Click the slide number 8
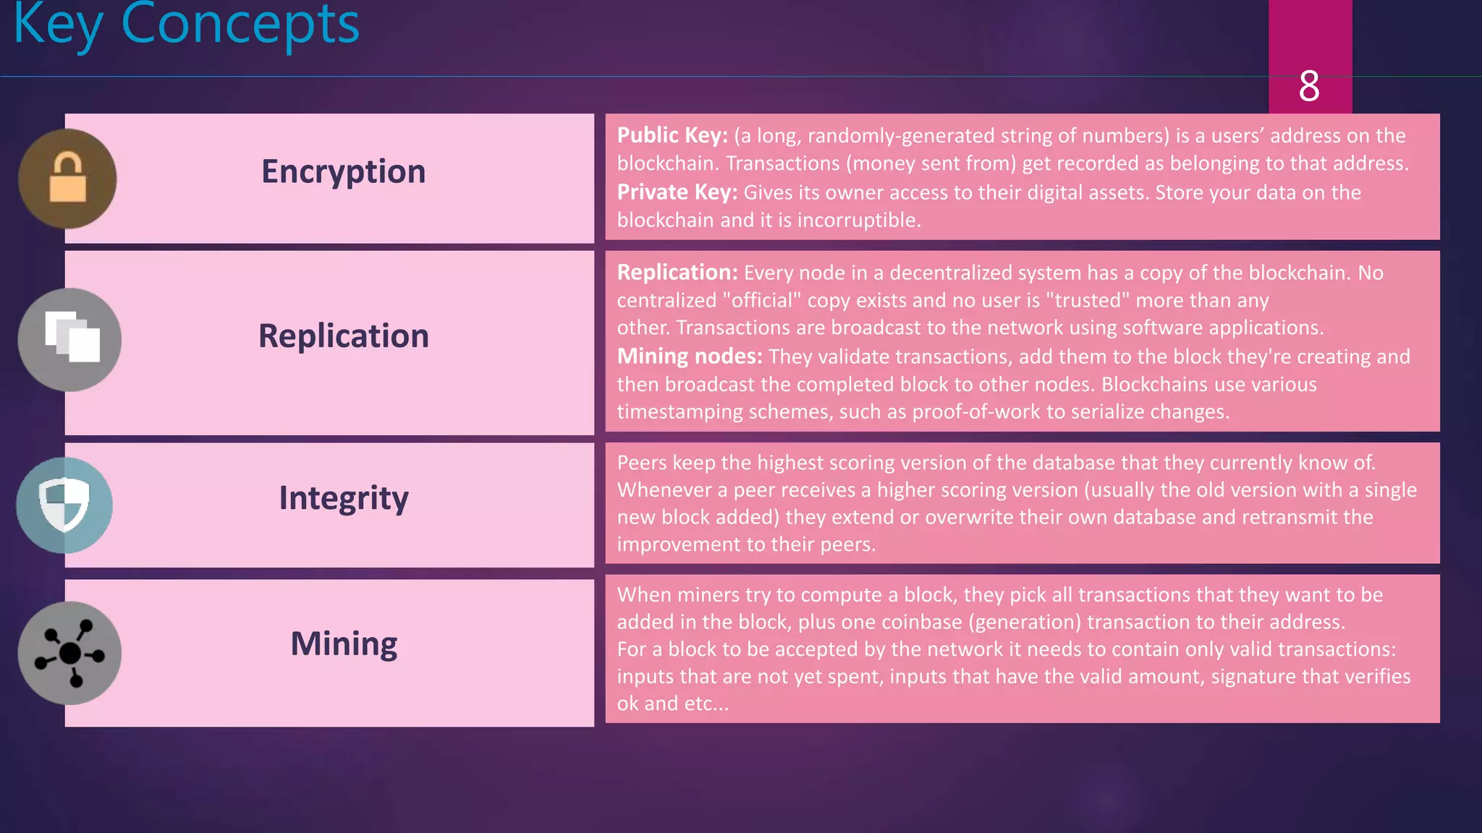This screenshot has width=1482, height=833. [x=1309, y=86]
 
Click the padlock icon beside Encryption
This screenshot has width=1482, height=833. [x=67, y=178]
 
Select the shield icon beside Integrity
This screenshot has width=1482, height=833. [x=64, y=504]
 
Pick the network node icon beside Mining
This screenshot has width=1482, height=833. [x=69, y=653]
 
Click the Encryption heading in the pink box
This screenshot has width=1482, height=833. [x=343, y=172]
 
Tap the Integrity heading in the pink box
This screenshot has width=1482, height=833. [x=343, y=498]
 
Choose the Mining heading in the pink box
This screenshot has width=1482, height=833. [x=343, y=644]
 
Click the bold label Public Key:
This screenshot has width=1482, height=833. [x=672, y=135]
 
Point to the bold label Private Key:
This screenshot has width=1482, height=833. [x=677, y=192]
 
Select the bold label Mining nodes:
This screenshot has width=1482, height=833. [x=689, y=356]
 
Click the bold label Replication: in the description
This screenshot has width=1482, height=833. [x=677, y=273]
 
